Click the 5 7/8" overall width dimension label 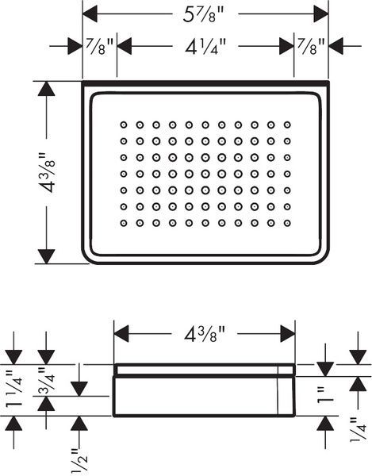click(x=203, y=15)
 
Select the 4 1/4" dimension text click(x=205, y=47)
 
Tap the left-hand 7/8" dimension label click(x=99, y=46)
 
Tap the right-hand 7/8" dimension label click(x=311, y=46)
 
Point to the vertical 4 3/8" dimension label click(x=48, y=173)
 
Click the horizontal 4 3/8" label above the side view click(x=205, y=335)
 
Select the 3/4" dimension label click(x=46, y=381)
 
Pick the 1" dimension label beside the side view click(x=325, y=395)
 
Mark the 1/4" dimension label click(x=358, y=430)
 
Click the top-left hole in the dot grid click(x=124, y=125)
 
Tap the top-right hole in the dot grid click(x=287, y=125)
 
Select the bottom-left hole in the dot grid click(x=124, y=223)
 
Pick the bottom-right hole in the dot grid click(x=287, y=223)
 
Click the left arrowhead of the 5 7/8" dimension click(x=90, y=13)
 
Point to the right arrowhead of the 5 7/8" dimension click(x=321, y=13)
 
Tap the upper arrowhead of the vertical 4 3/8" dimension click(x=47, y=89)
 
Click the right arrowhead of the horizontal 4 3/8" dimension click(x=288, y=334)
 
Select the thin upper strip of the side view click(x=204, y=370)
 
